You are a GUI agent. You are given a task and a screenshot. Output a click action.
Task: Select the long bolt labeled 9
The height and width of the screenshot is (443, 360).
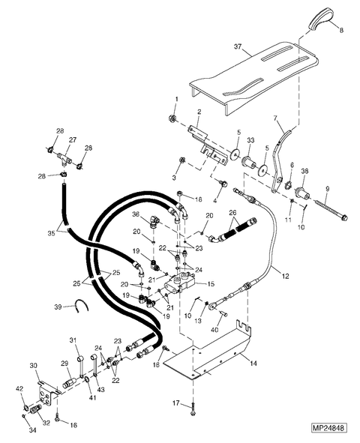[x=331, y=210]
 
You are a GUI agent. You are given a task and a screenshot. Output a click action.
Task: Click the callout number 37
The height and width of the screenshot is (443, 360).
[x=238, y=46]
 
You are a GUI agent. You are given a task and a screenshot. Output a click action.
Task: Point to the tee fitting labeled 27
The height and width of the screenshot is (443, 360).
[x=64, y=157]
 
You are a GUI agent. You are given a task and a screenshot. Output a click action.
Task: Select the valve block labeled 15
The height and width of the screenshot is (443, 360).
[x=180, y=283]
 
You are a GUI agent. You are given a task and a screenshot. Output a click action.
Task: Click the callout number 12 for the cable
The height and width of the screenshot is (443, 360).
[x=286, y=276]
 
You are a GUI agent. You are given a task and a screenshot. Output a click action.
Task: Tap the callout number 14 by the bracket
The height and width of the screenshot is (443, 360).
[x=253, y=363]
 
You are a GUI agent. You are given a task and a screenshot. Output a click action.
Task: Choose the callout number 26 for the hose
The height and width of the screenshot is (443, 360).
[x=232, y=212]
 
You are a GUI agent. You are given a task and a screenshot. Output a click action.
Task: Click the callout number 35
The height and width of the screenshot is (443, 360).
[x=52, y=233]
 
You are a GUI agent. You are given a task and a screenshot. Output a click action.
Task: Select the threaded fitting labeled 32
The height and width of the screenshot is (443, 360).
[x=36, y=409]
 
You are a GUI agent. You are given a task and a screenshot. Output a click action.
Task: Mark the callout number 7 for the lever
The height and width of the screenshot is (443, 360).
[x=276, y=118]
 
